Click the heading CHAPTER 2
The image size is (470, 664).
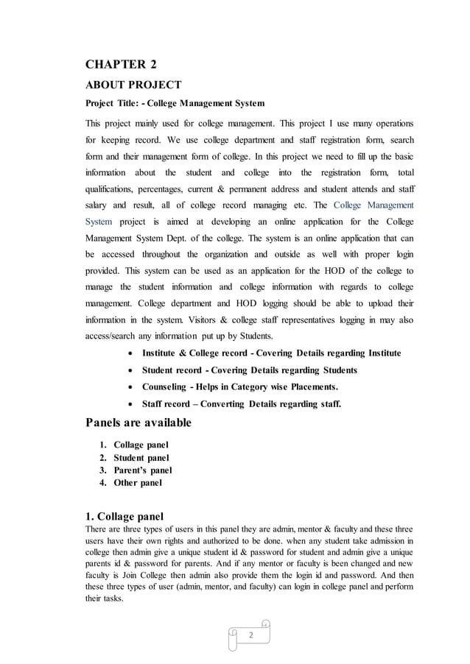click(x=121, y=64)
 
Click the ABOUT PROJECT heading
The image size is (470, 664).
click(x=133, y=85)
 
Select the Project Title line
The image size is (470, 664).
click(x=175, y=102)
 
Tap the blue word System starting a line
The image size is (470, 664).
click(x=99, y=221)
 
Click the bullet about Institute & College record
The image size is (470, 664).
click(x=271, y=353)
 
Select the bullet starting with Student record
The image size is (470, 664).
click(x=249, y=370)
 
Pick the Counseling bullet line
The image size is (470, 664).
click(x=240, y=387)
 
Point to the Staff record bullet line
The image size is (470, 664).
click(x=241, y=404)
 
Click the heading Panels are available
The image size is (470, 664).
click(x=138, y=423)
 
